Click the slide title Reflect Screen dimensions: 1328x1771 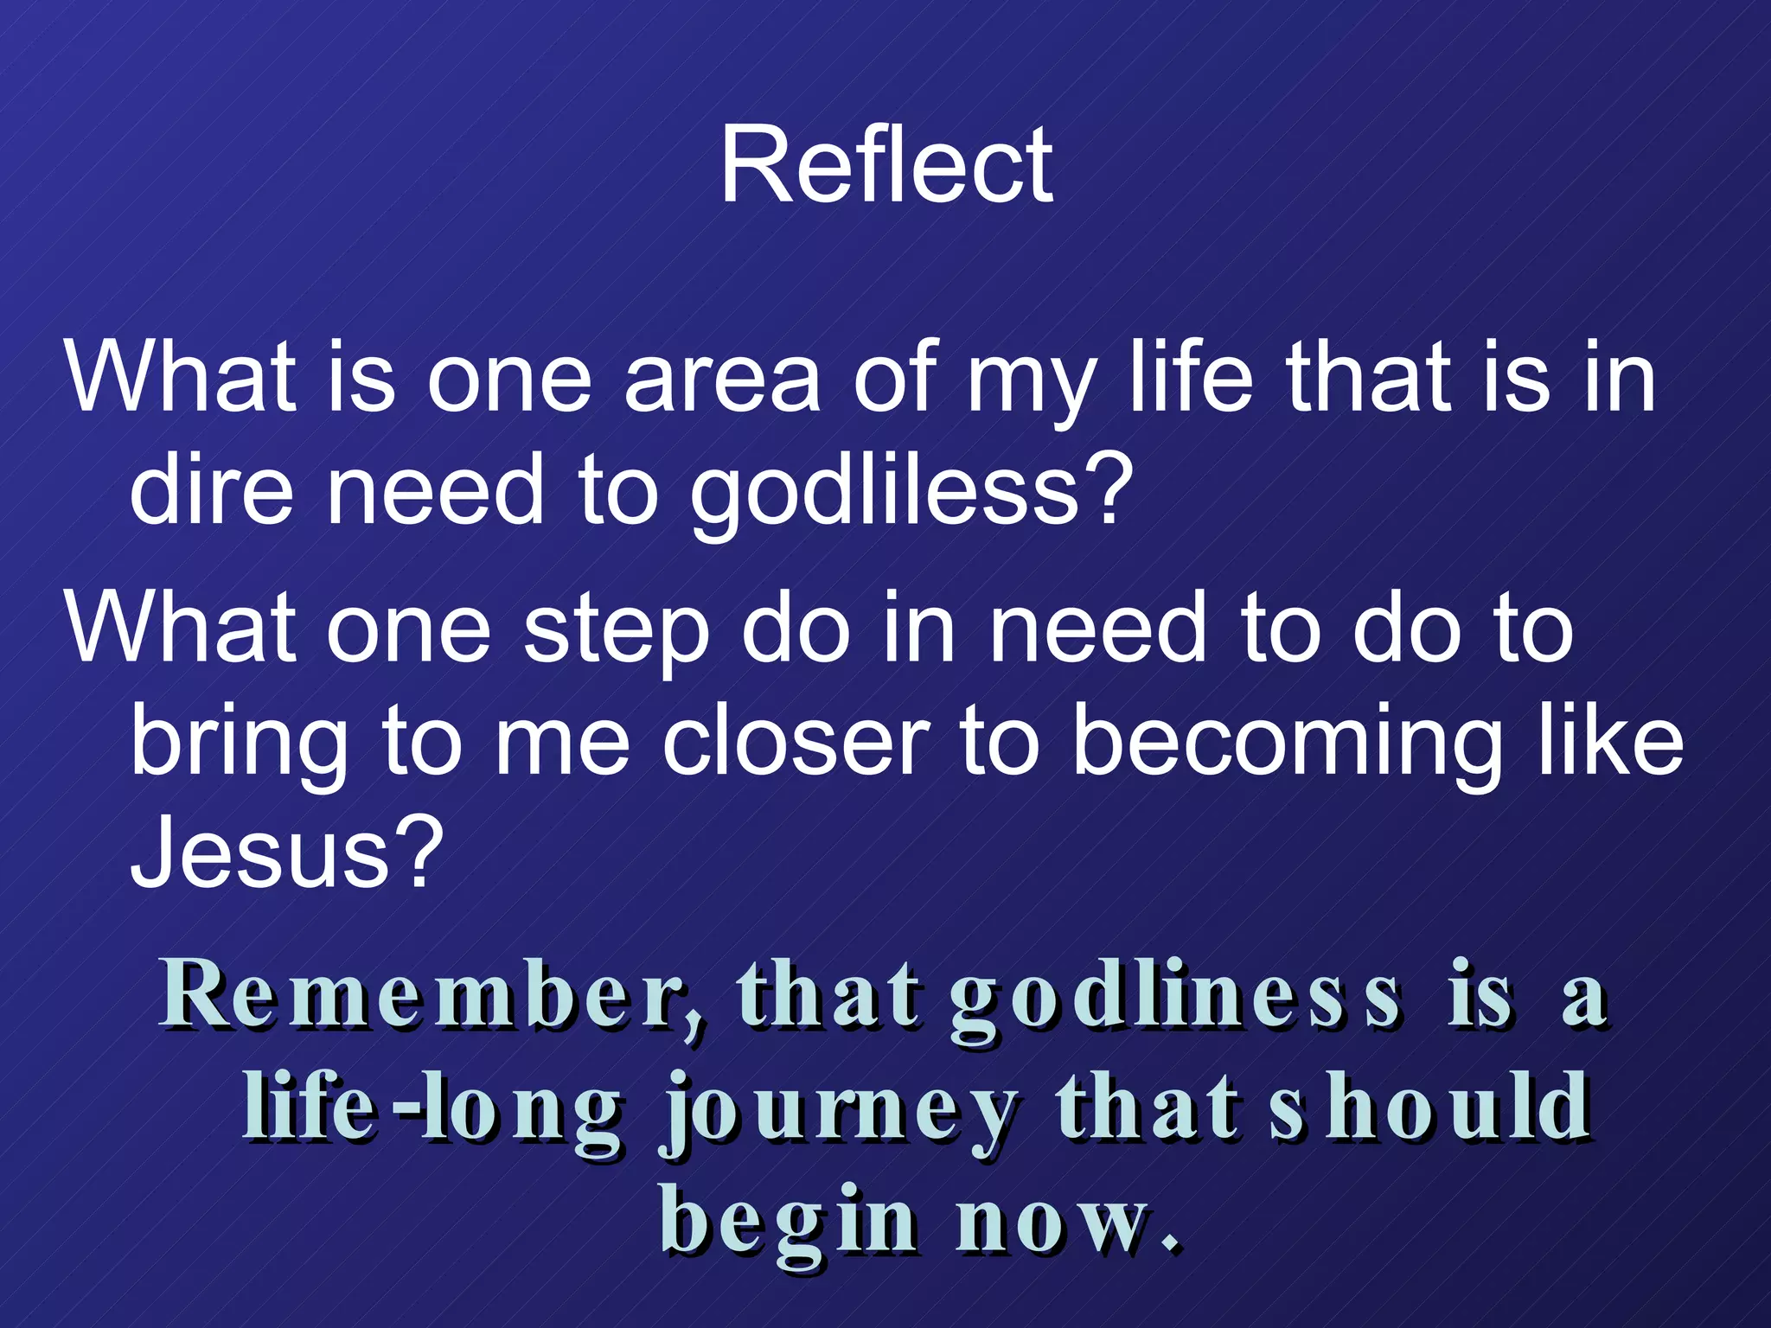click(x=886, y=164)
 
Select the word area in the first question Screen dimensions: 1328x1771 click(x=722, y=379)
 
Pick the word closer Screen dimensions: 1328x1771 click(x=796, y=742)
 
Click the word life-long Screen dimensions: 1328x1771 click(x=432, y=1109)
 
